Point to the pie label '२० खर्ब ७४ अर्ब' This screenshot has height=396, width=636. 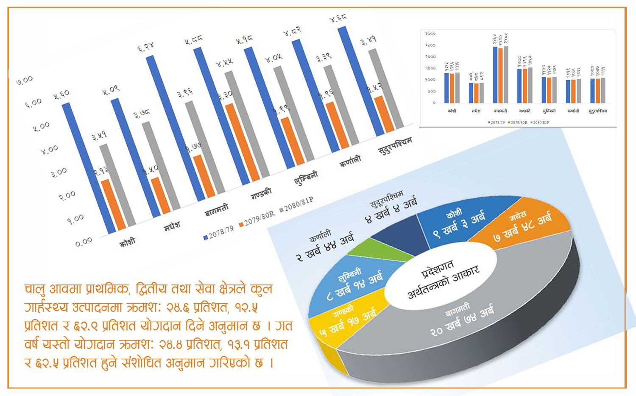point(462,321)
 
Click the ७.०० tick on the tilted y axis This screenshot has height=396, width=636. point(24,80)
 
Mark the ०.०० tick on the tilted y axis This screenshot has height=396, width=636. point(84,242)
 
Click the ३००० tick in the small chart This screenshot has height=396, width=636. point(430,34)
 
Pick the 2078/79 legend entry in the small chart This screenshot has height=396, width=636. point(497,123)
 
